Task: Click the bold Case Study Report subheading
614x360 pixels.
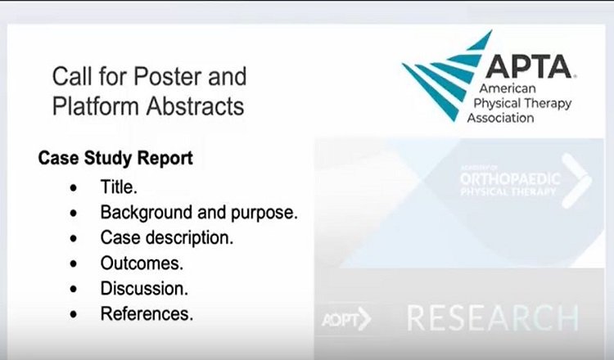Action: point(115,158)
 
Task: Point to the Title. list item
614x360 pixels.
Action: point(120,186)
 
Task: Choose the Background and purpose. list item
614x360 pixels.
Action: point(199,212)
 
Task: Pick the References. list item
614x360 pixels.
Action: point(147,313)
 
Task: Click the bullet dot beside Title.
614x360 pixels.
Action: point(75,187)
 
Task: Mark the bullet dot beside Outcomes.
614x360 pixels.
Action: point(75,263)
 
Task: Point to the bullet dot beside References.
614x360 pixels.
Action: point(75,314)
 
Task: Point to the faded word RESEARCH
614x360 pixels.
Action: point(492,317)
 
